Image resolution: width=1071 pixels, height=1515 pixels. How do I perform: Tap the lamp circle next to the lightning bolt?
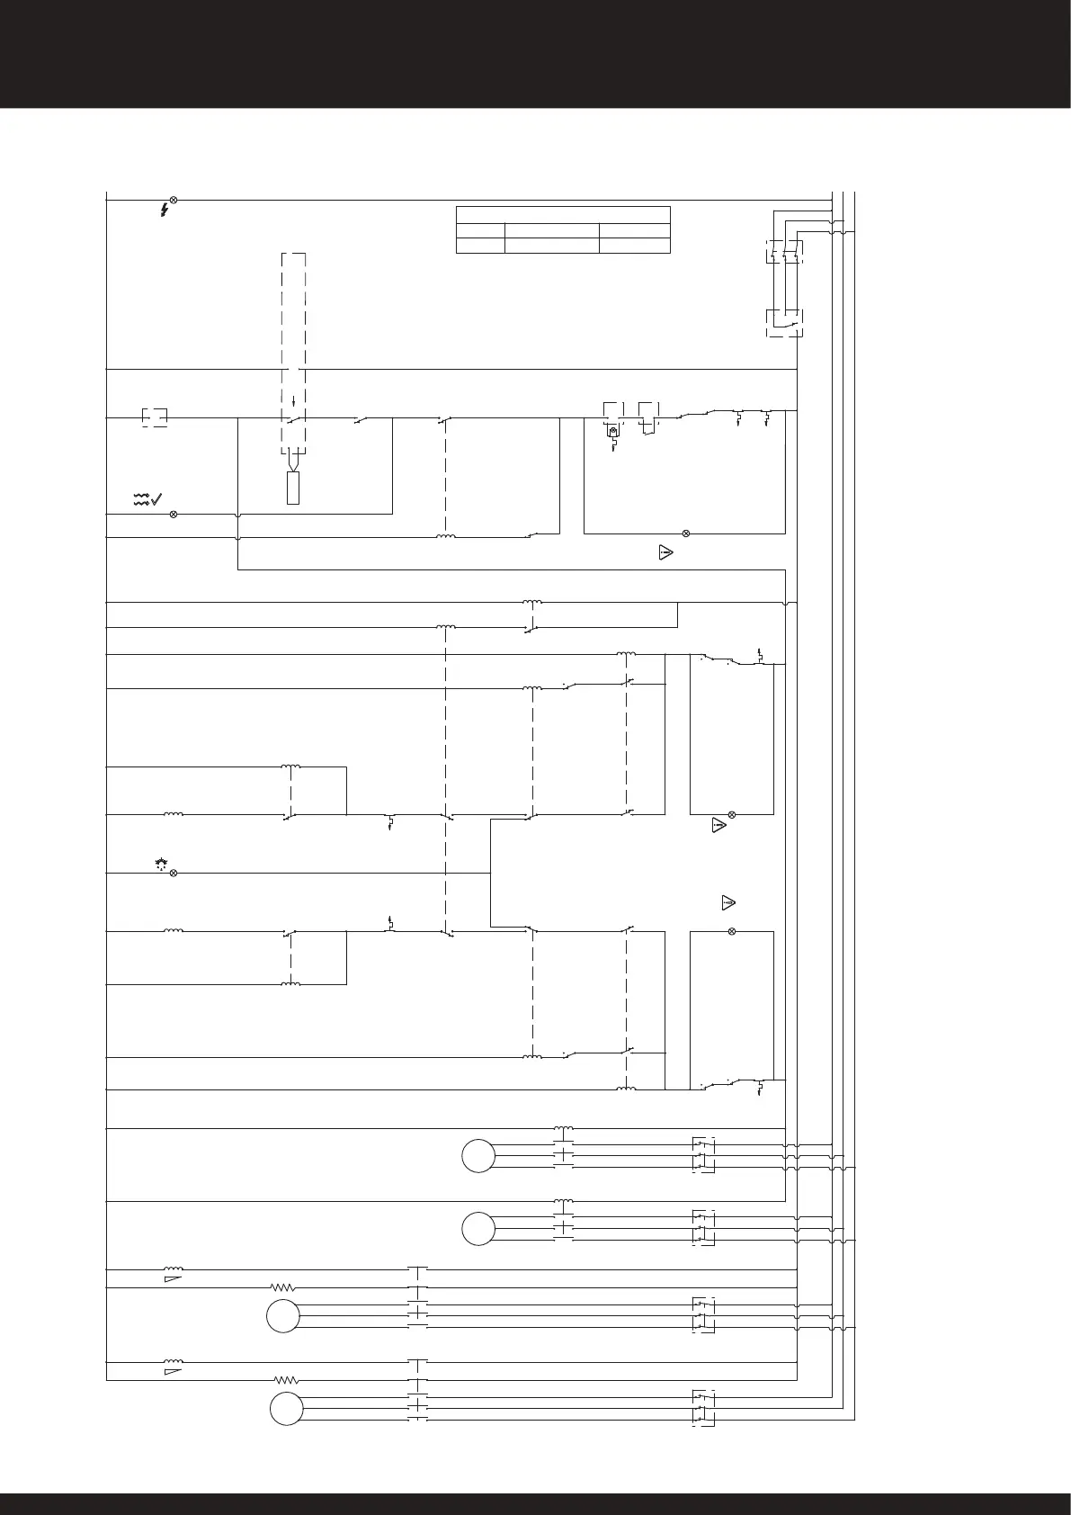[174, 199]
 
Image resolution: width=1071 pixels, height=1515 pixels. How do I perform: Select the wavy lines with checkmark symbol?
[147, 499]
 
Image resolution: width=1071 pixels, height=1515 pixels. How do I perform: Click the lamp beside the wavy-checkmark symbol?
[174, 514]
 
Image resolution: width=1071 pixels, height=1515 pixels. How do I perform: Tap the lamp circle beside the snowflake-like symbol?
[174, 873]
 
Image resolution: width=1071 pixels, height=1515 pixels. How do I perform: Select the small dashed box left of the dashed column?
[155, 417]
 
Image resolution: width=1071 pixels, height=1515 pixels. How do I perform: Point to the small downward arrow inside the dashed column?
[293, 400]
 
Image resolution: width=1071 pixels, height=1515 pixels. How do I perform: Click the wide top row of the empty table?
[563, 214]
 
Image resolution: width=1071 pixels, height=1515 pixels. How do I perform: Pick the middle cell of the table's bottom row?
[551, 246]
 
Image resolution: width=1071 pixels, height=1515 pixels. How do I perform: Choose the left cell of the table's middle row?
[480, 230]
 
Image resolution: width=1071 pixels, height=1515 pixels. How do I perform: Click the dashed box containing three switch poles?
[784, 252]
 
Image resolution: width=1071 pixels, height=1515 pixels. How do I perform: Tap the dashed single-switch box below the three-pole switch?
[784, 323]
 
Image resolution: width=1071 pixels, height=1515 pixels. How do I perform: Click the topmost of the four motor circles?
[478, 1155]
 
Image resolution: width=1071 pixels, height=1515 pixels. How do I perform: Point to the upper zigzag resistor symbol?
[283, 1287]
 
